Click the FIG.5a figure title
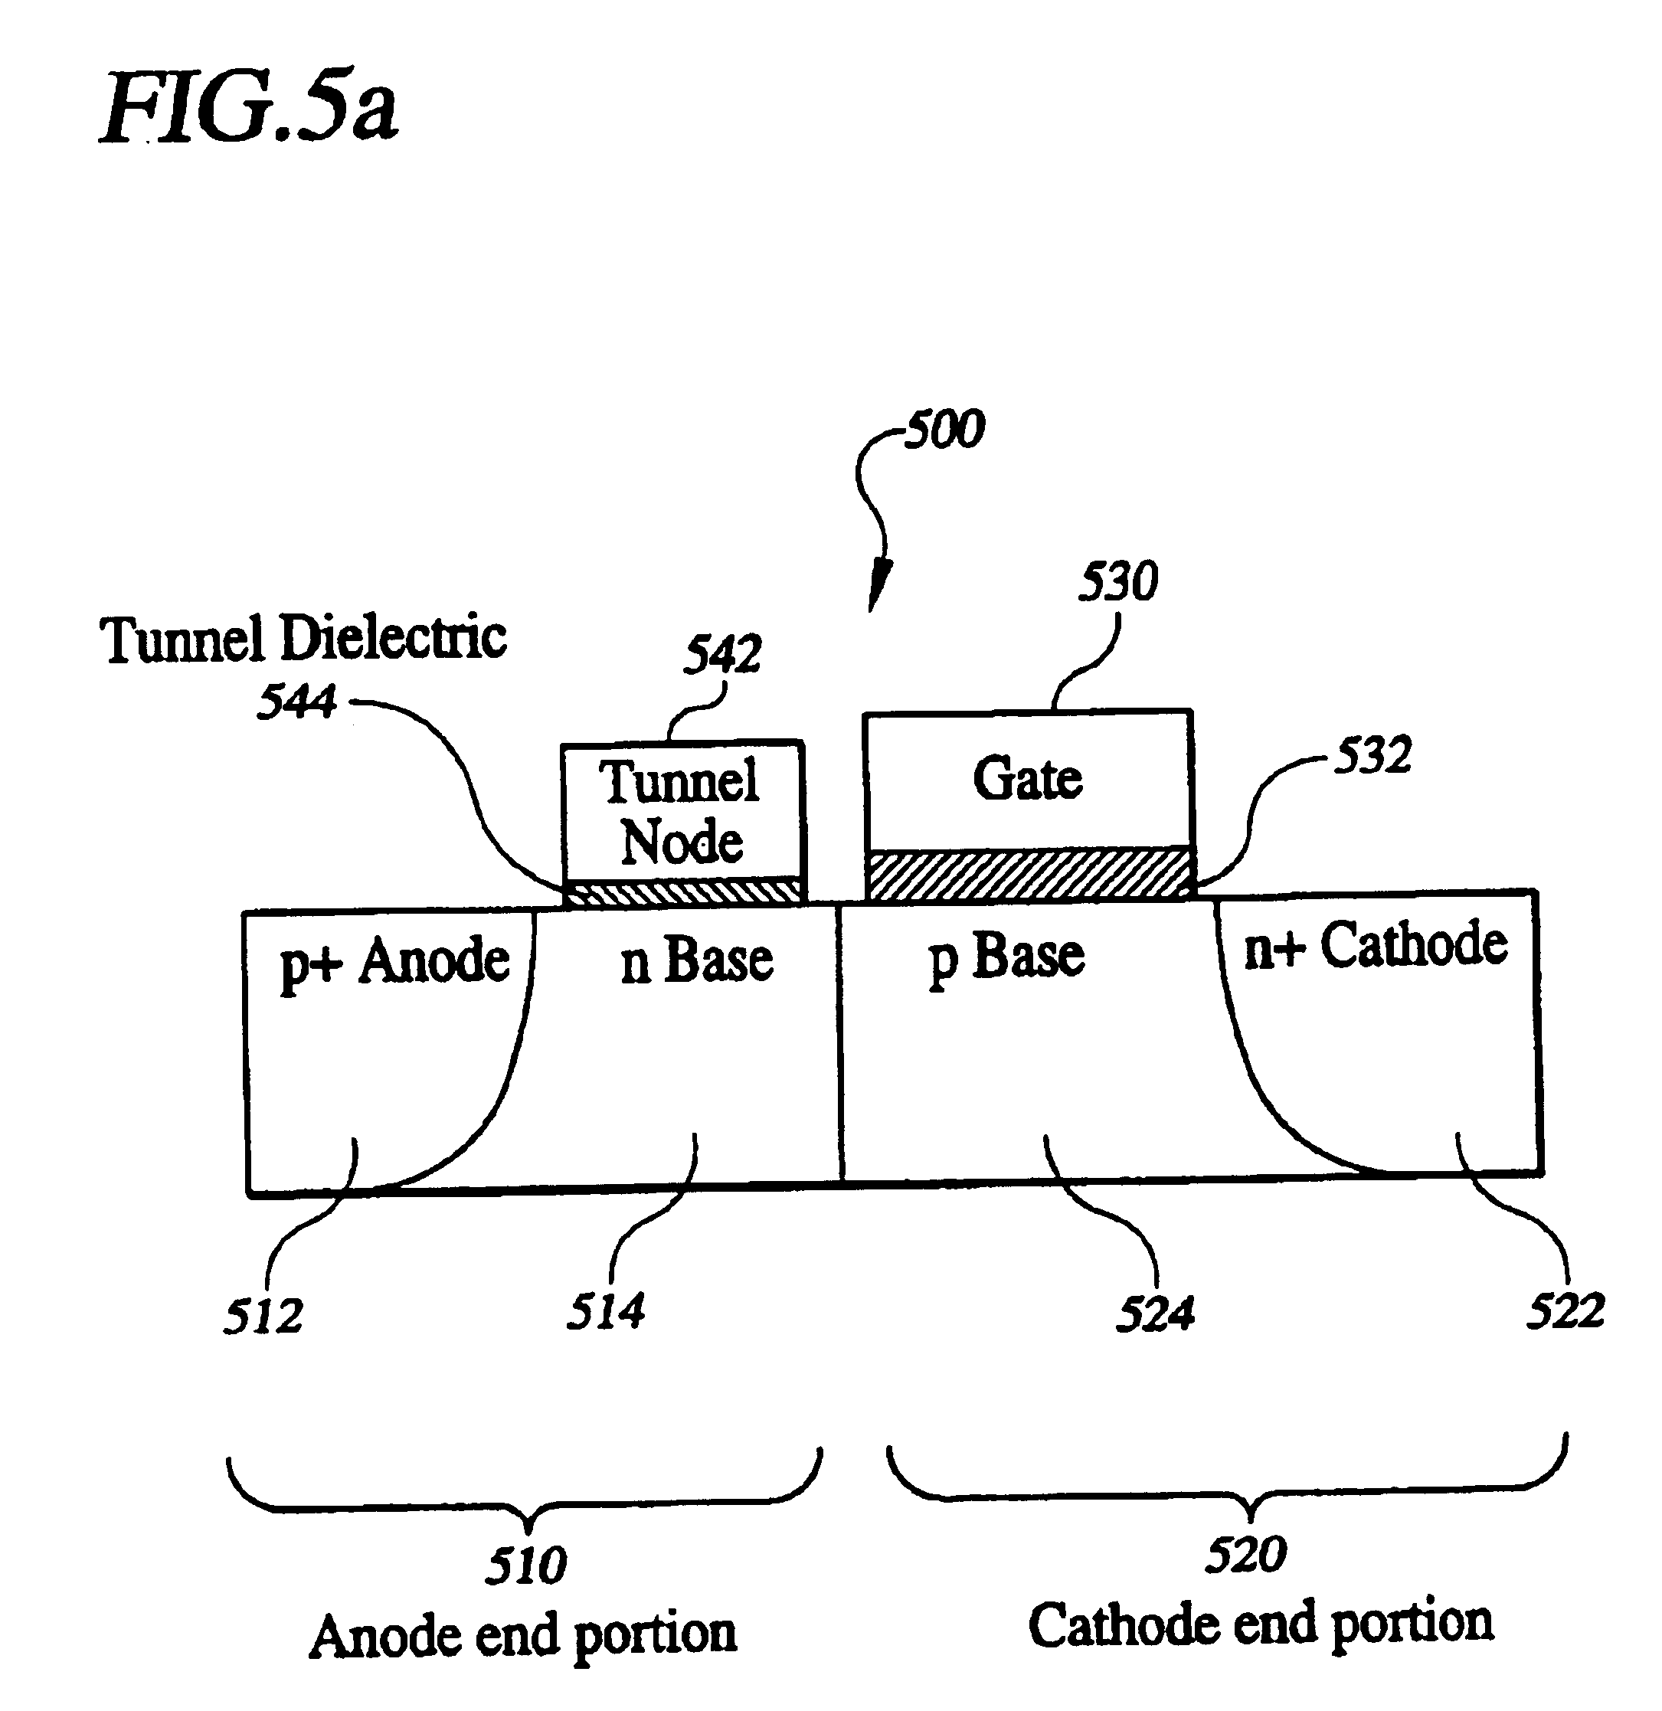click(249, 108)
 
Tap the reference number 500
click(944, 430)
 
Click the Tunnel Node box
click(682, 812)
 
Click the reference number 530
click(1118, 581)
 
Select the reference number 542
click(722, 654)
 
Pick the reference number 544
click(297, 702)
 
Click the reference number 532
click(1373, 755)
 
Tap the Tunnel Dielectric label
click(303, 638)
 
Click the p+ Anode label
click(394, 961)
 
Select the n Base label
click(696, 960)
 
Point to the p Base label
click(1006, 957)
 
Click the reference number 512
click(263, 1317)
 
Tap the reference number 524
click(1155, 1314)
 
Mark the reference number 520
click(1245, 1554)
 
